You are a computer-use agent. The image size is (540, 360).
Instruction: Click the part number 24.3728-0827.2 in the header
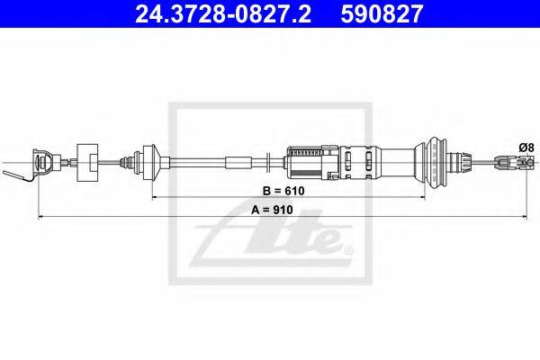tap(223, 13)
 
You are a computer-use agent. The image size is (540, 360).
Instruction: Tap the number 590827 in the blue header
tap(382, 13)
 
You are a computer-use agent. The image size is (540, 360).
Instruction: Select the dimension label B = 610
tap(283, 191)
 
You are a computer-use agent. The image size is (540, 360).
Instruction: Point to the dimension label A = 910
tap(272, 210)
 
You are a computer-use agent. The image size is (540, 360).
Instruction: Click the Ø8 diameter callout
tap(526, 148)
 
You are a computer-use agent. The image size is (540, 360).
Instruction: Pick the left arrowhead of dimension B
tap(155, 198)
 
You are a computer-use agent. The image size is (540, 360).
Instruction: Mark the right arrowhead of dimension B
tap(422, 198)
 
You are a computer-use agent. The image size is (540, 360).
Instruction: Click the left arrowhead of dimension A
tap(40, 217)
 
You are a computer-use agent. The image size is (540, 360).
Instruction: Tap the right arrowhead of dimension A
tap(524, 217)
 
